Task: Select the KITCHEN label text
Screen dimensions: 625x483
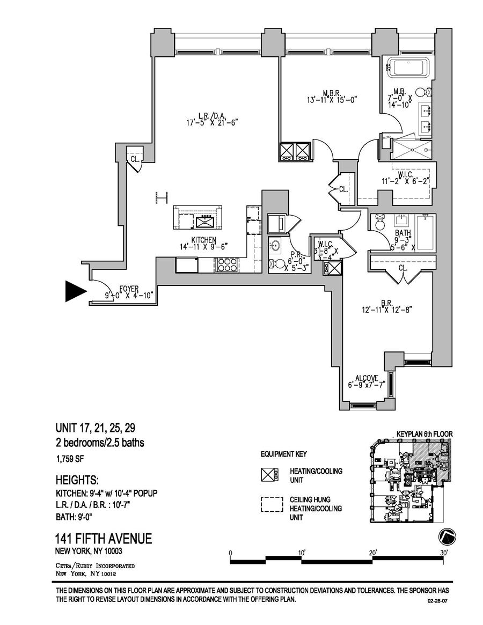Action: click(x=204, y=240)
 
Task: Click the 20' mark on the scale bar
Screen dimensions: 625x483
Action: click(x=372, y=553)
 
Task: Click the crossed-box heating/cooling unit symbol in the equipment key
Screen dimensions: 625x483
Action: click(x=271, y=474)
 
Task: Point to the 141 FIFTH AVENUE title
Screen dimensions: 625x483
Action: click(x=104, y=539)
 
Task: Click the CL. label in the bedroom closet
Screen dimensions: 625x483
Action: click(x=402, y=267)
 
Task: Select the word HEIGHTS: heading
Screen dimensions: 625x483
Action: click(x=77, y=479)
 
